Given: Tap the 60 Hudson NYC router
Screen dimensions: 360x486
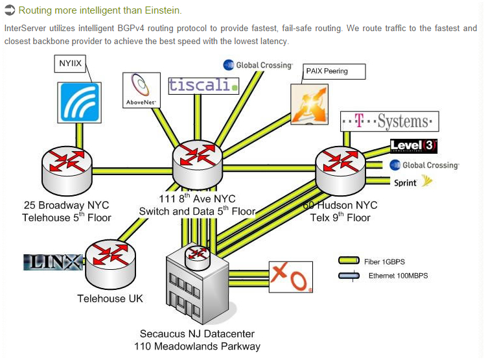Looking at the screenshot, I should [x=340, y=169].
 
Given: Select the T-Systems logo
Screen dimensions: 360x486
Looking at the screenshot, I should [x=389, y=121].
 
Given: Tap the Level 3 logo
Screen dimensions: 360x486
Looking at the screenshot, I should [x=413, y=146].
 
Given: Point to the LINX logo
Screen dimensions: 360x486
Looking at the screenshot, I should [x=52, y=263].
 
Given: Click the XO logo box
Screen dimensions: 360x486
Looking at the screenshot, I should [x=291, y=278].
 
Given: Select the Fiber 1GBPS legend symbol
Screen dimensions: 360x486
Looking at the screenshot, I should [x=349, y=261].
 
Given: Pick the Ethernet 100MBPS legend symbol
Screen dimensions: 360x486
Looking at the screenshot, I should [x=349, y=276].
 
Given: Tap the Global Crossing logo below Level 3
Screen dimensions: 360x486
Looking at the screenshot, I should [x=424, y=165].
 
